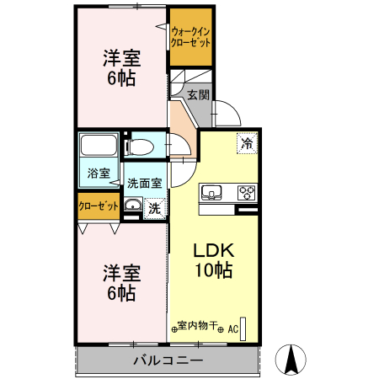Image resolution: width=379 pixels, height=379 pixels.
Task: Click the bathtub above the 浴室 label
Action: tap(99, 148)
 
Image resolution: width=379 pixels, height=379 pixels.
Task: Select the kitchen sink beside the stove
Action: tap(211, 192)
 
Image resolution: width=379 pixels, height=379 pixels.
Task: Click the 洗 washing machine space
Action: tap(154, 207)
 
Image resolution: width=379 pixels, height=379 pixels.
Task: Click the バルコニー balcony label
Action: tap(168, 360)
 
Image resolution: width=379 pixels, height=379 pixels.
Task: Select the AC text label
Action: tap(232, 328)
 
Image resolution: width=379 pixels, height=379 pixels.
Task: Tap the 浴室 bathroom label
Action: tap(99, 174)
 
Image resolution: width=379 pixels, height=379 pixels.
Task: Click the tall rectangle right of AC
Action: tap(245, 328)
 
